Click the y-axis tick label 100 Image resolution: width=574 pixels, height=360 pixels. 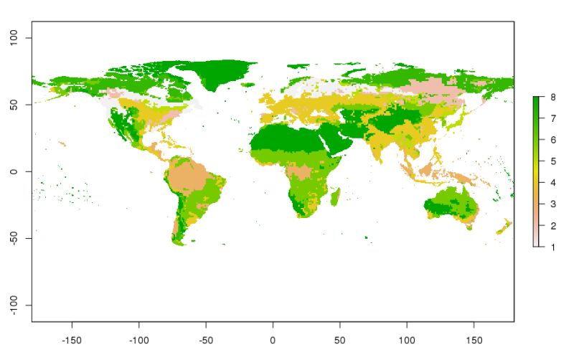pyautogui.click(x=16, y=37)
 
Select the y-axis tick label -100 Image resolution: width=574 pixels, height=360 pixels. pyautogui.click(x=16, y=305)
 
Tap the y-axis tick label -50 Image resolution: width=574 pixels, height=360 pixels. pyautogui.click(x=16, y=238)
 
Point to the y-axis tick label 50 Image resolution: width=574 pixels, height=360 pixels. pyautogui.click(x=16, y=105)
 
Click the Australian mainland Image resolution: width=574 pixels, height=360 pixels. pyautogui.click(x=448, y=204)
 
